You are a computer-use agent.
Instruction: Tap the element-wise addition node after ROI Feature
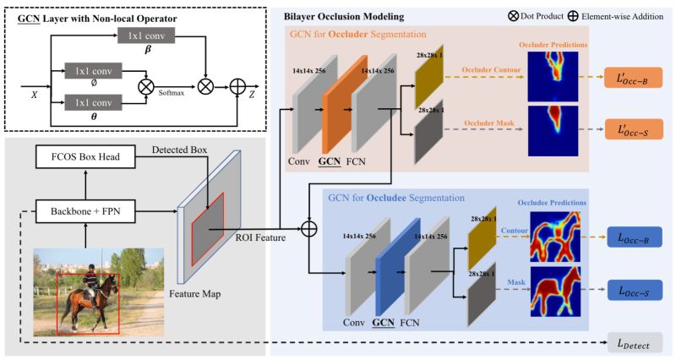click(308, 229)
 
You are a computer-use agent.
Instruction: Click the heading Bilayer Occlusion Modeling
click(341, 17)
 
